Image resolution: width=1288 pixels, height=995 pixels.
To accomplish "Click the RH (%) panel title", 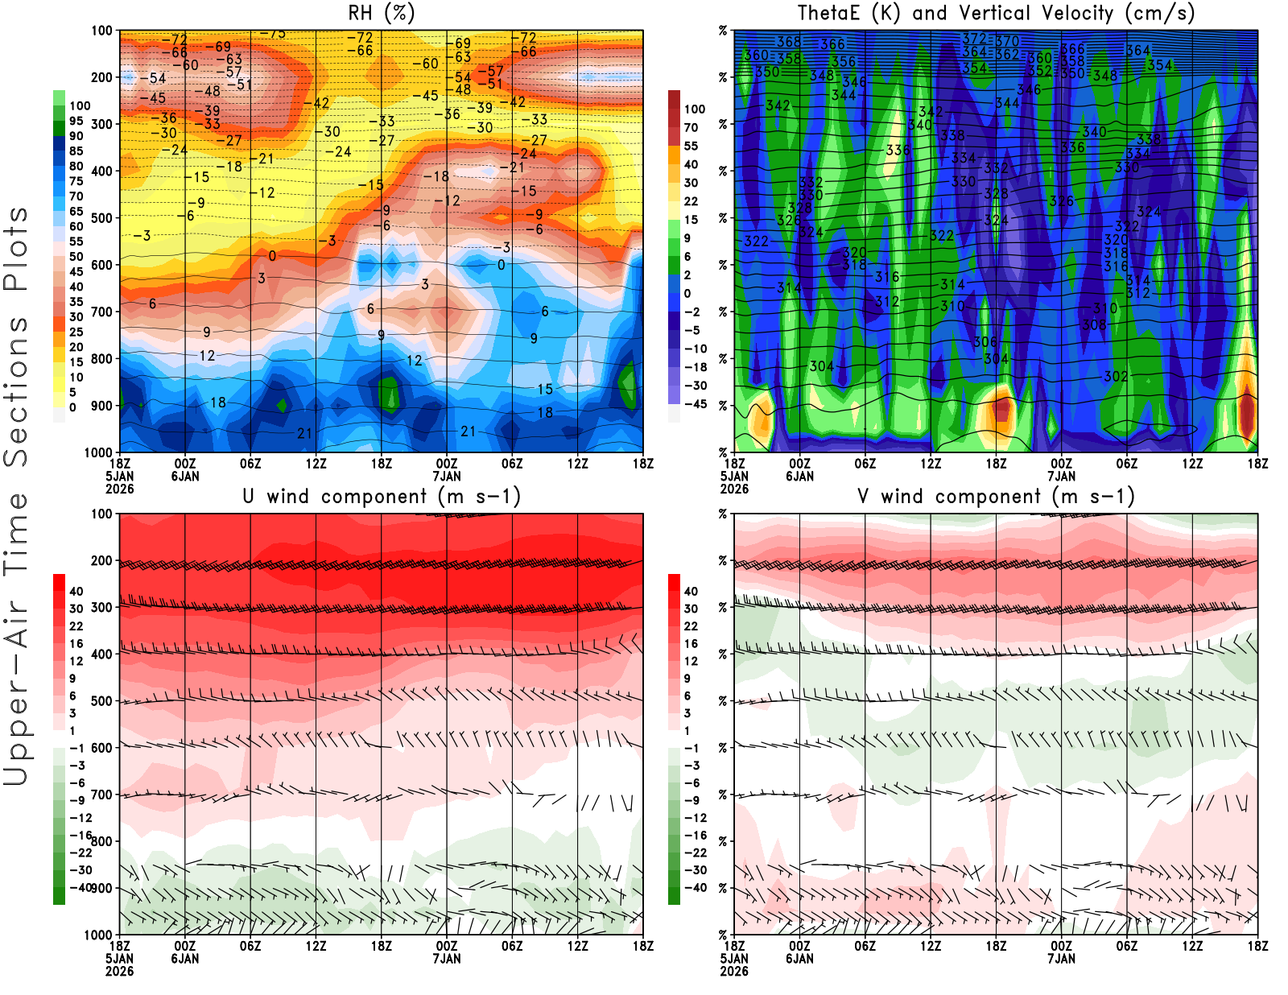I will point(381,14).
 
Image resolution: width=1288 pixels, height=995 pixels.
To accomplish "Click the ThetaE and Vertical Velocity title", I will point(996,14).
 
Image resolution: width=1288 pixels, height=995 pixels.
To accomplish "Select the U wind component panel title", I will point(382,497).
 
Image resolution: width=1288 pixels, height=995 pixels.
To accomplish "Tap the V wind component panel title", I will point(996,497).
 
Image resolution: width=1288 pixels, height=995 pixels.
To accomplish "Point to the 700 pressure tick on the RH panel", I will point(102,312).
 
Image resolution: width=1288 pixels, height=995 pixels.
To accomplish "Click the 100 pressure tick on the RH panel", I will point(102,31).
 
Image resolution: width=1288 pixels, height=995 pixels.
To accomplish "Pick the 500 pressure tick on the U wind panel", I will point(102,701).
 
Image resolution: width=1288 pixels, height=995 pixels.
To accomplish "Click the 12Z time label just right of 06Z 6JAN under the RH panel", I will point(316,464).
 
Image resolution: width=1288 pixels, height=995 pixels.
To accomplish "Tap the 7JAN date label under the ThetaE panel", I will point(1061,477).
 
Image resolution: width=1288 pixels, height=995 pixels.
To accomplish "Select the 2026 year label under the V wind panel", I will point(734,972).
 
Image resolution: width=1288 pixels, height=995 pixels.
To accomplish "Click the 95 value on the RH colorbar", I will point(76,121).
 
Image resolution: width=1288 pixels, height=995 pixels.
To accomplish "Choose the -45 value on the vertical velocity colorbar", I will point(695,404).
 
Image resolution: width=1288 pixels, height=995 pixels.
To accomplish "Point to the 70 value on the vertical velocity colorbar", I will point(691,127).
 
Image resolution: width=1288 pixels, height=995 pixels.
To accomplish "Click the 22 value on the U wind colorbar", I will point(76,626).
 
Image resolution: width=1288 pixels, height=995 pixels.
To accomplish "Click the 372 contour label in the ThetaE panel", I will point(974,39).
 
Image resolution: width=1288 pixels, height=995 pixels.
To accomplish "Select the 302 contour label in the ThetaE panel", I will point(1116,376).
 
